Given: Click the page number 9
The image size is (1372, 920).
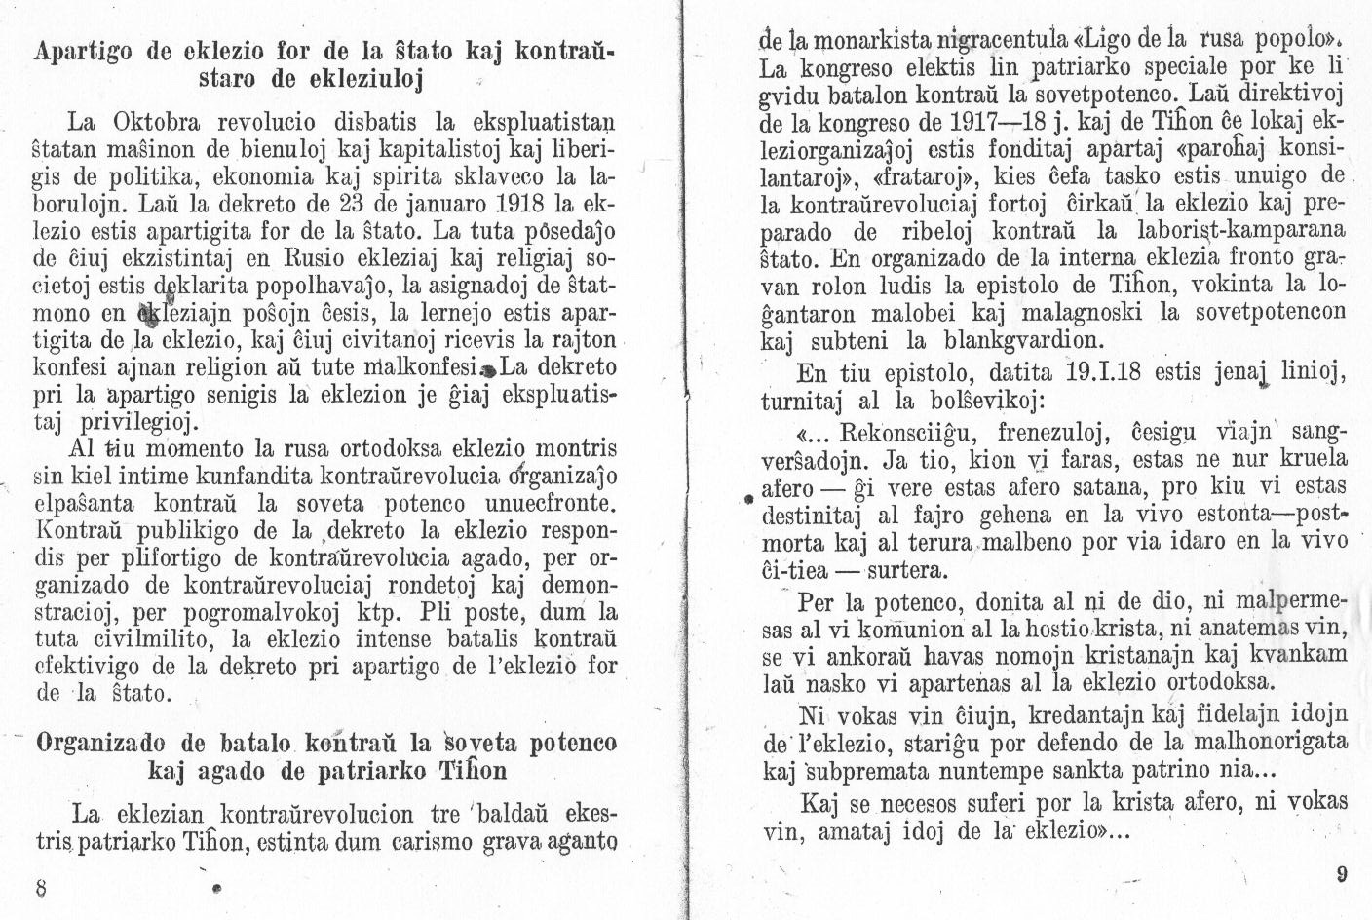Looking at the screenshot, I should pos(1341,874).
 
